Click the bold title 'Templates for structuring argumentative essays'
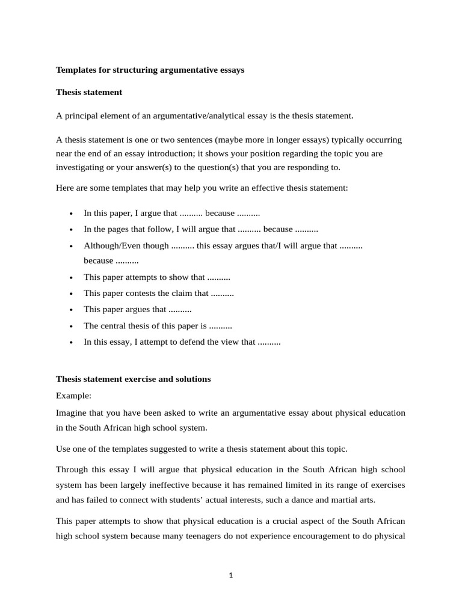(150, 70)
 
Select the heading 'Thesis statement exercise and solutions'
(133, 379)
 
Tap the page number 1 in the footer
(230, 575)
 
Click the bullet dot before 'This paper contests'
(71, 294)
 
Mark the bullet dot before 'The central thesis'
(71, 326)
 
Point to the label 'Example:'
(73, 396)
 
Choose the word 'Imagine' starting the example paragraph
(72, 413)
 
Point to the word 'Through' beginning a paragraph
(72, 469)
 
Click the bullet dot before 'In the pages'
(71, 230)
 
